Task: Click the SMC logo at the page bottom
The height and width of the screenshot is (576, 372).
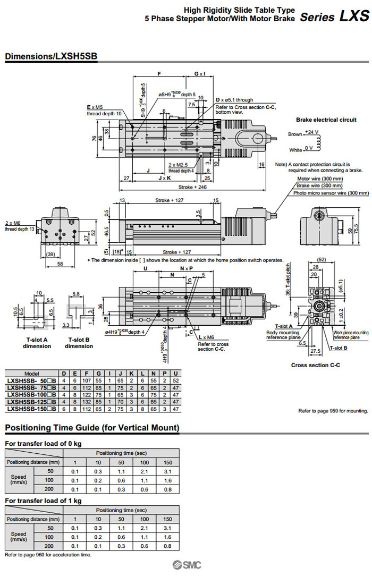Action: [185, 566]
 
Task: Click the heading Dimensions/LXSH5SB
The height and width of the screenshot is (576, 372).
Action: [50, 56]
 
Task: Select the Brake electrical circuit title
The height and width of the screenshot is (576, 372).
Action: [326, 120]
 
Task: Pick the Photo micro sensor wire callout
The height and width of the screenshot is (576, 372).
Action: [331, 193]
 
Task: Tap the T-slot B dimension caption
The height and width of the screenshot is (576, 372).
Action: [79, 343]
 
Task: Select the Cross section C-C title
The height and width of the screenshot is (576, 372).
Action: [315, 365]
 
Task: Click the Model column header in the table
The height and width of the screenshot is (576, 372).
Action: [31, 374]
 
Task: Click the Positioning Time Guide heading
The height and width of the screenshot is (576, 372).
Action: [92, 428]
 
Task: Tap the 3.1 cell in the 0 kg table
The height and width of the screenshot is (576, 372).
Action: [168, 471]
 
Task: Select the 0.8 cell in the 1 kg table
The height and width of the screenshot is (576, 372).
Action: [168, 546]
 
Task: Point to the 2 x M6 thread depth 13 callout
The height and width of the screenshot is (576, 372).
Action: [19, 226]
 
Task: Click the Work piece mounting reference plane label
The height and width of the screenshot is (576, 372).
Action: [350, 335]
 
